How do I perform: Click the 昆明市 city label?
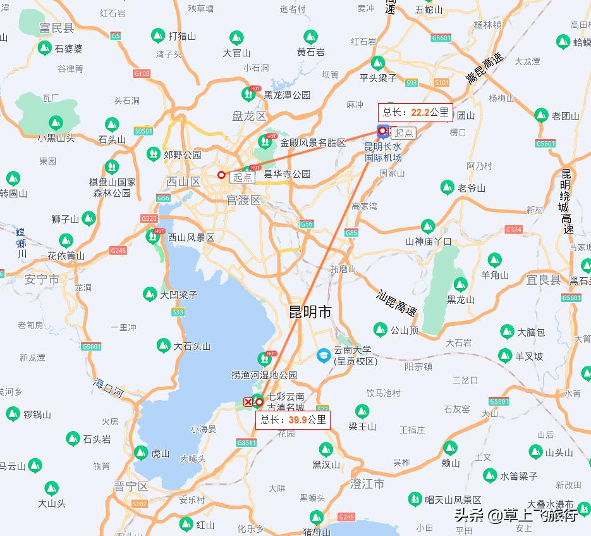310,312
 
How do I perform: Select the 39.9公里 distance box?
293,419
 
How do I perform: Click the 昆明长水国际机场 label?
383,152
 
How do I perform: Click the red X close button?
248,402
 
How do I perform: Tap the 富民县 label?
56,28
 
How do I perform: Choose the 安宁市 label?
42,279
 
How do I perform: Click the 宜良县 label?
543,280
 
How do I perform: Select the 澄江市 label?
367,483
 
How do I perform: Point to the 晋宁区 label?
131,486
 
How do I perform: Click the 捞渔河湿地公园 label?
264,375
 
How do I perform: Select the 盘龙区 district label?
249,116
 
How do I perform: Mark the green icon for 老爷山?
448,187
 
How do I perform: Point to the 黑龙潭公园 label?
287,95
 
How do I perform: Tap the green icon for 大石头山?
164,346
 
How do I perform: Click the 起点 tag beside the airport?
403,132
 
